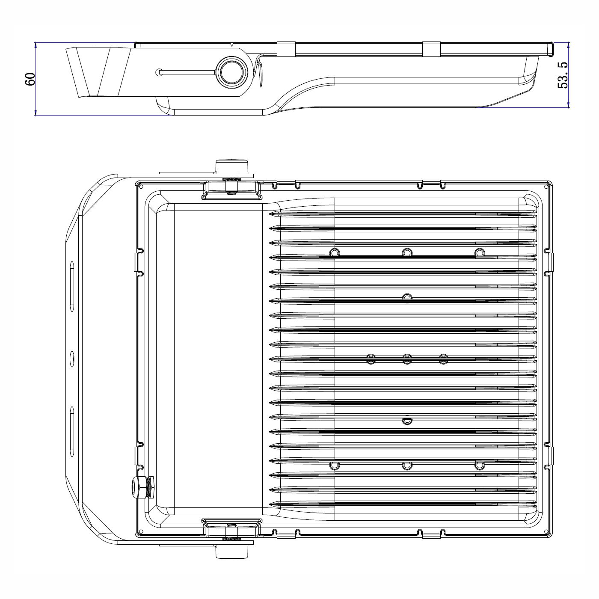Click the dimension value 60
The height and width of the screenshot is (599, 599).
(x=30, y=79)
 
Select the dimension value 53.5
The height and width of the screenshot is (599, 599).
(x=563, y=75)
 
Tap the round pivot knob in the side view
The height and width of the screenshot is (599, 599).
(x=232, y=72)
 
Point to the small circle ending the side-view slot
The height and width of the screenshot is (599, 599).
(x=158, y=72)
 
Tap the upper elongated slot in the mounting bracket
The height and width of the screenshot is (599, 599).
(x=72, y=286)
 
